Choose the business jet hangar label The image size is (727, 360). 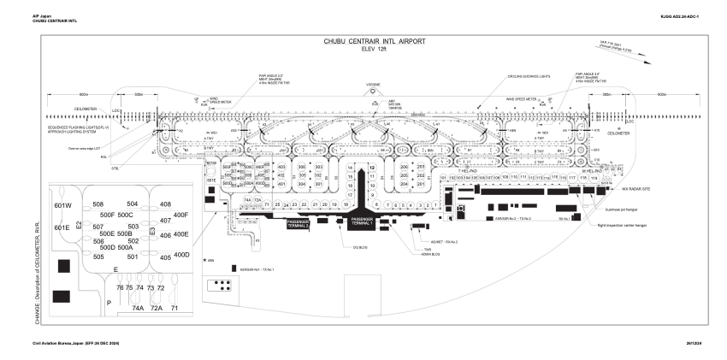tap(623, 208)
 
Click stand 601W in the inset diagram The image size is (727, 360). tap(63, 206)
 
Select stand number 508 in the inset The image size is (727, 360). tap(98, 204)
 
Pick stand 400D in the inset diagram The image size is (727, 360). tap(180, 255)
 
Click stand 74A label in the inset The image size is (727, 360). tap(137, 307)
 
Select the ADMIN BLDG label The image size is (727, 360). tap(430, 254)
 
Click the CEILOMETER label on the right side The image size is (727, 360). tap(618, 133)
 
